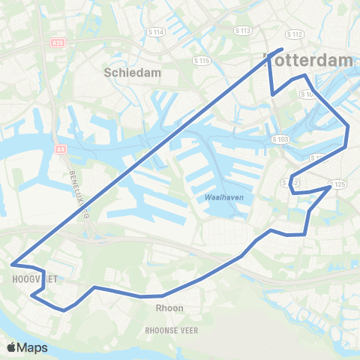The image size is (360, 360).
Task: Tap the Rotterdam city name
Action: coord(309,60)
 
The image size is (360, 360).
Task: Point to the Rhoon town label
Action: coord(169,307)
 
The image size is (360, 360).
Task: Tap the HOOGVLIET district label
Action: coord(25,278)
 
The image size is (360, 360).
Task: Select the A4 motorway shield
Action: coord(61,149)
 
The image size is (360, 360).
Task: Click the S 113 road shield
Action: coord(242,31)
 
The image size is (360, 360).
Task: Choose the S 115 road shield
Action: coord(201,60)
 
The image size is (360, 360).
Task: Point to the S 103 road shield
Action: coord(280,139)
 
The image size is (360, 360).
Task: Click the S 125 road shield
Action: coord(337,184)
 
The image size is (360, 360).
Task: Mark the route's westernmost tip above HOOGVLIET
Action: coord(12,264)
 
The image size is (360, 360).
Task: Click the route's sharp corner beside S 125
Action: coord(330,187)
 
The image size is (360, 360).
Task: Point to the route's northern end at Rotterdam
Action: coord(281,49)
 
